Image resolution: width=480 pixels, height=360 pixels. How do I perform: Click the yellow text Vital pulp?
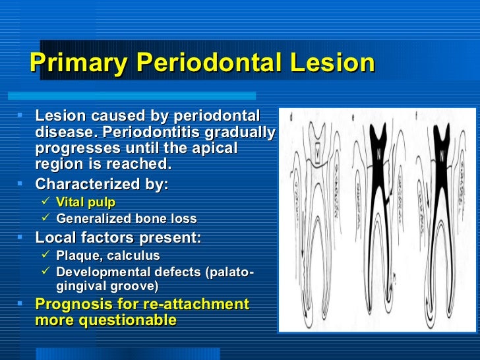(86, 202)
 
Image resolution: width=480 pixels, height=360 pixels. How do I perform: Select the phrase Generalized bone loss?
(127, 219)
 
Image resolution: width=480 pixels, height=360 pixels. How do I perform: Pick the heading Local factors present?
(118, 237)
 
